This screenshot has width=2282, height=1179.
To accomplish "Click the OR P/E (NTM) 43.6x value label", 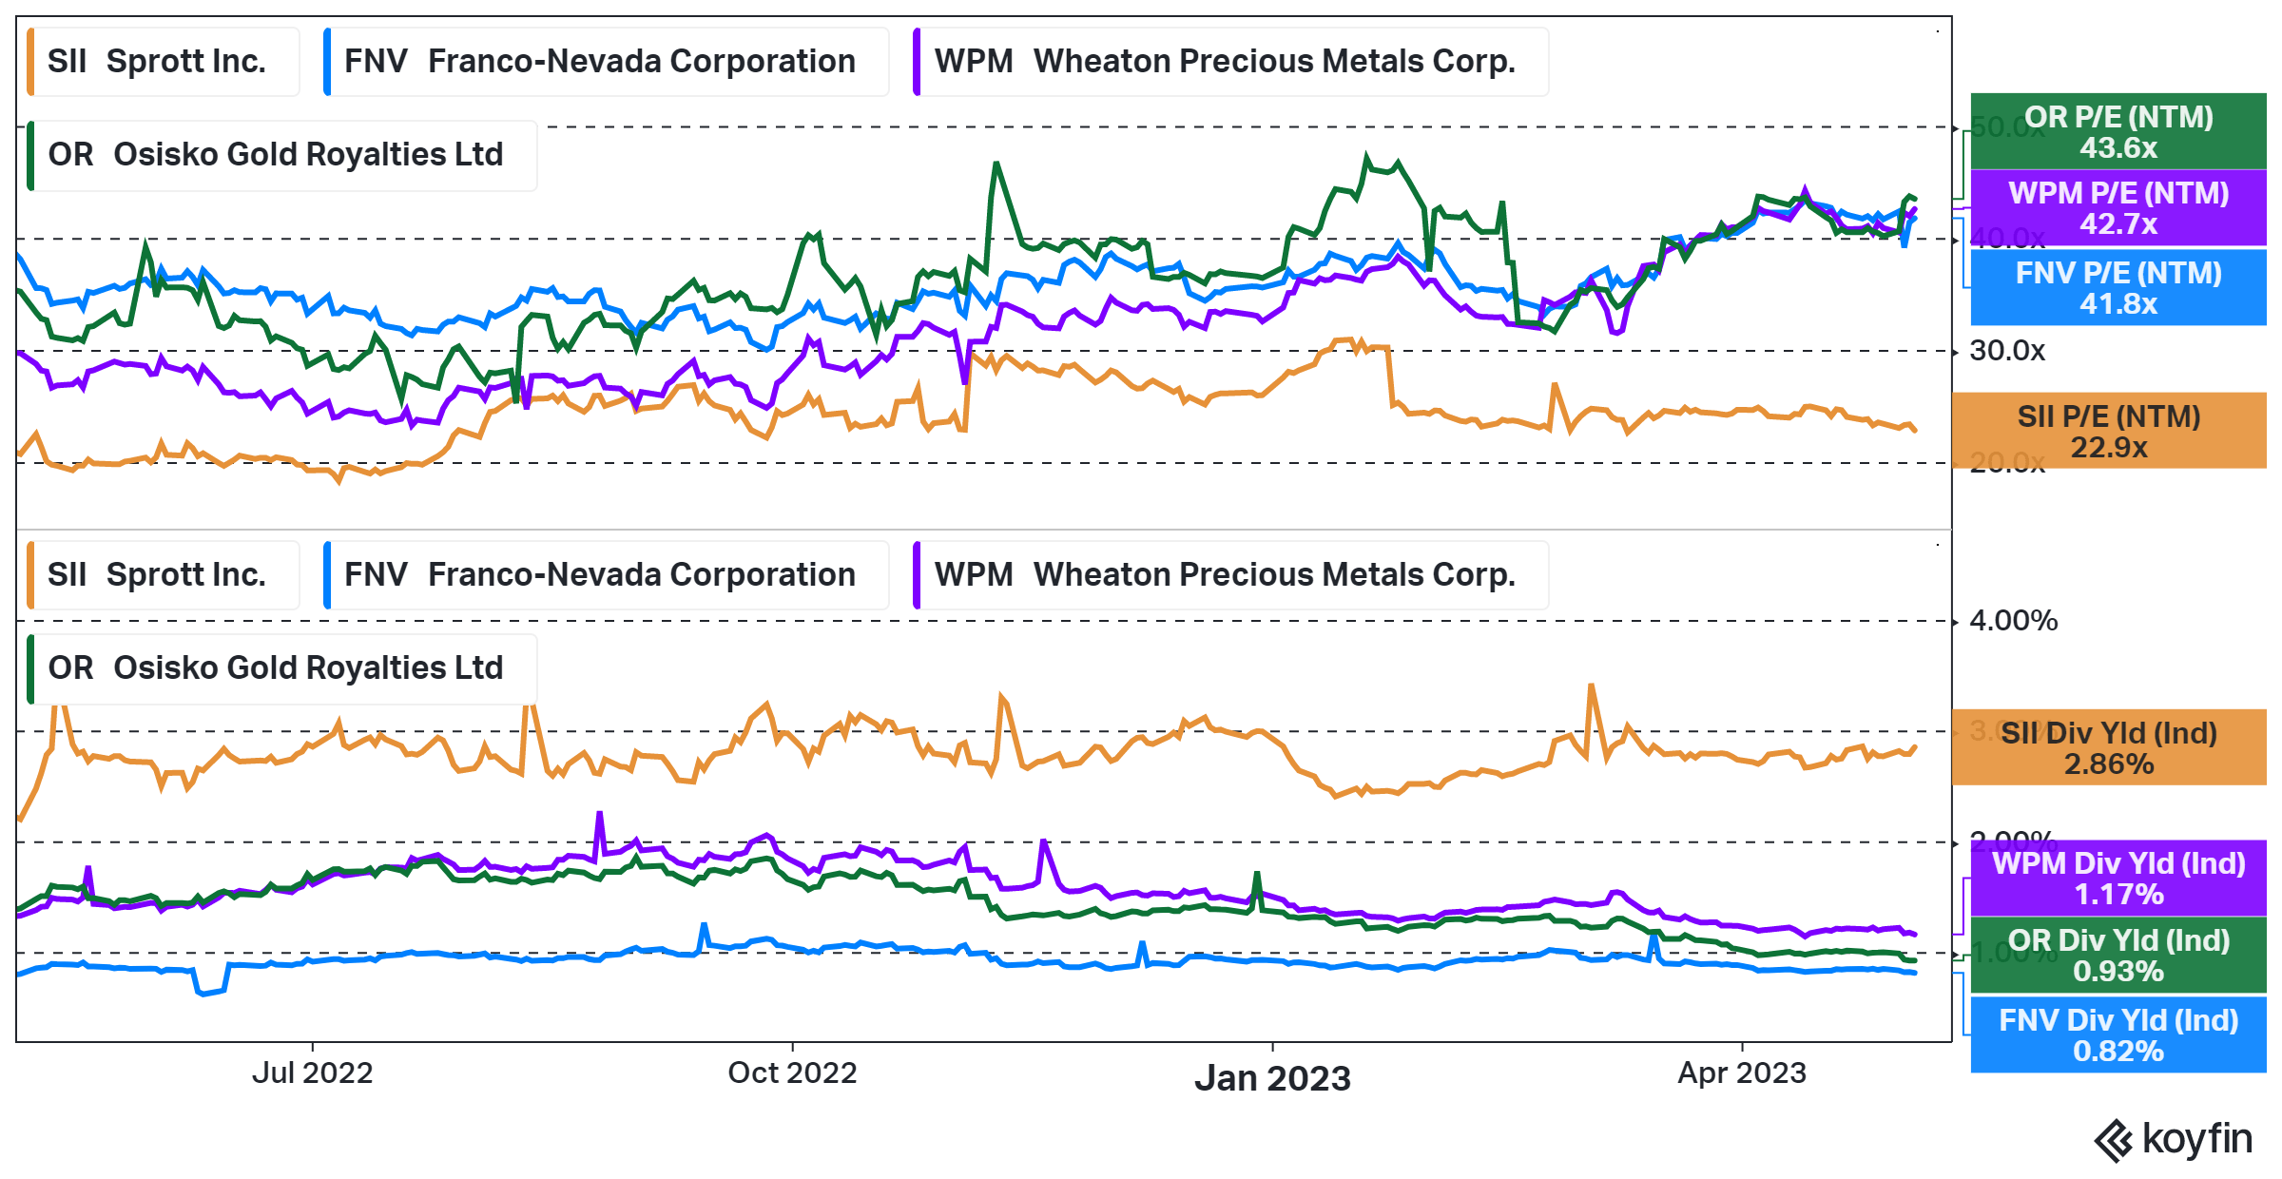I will click(2118, 132).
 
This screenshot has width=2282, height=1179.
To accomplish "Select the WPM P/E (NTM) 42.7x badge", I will click(2118, 208).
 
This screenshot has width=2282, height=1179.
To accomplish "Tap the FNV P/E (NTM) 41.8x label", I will click(2118, 288).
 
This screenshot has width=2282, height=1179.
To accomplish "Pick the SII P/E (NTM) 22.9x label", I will click(2108, 432).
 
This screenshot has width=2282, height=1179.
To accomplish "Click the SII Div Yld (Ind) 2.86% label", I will click(2108, 748).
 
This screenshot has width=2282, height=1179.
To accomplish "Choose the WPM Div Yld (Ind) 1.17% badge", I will click(2118, 879).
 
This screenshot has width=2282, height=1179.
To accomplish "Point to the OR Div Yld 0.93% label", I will click(2118, 956).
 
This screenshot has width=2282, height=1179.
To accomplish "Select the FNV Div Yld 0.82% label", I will click(2118, 1035).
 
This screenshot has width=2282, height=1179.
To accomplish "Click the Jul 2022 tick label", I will click(312, 1073).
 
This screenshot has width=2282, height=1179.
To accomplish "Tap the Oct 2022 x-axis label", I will click(792, 1073).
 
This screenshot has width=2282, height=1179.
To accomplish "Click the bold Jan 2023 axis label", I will click(1272, 1078).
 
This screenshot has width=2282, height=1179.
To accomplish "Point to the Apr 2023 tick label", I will click(1741, 1073).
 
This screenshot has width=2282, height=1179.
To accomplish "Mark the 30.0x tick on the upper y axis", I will click(2006, 351).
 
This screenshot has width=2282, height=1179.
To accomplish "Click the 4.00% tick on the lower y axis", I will click(2013, 621).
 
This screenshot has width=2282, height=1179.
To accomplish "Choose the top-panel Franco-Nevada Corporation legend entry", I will click(606, 62).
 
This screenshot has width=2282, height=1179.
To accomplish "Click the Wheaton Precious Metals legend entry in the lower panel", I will click(1230, 575).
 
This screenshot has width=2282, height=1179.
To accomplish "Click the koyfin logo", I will click(2173, 1139).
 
